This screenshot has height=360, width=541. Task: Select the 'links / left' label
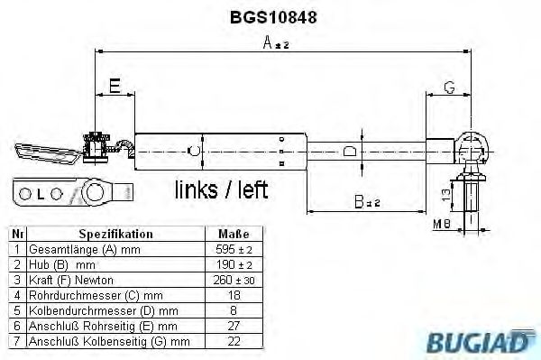click(222, 189)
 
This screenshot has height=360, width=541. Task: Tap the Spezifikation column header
click(115, 234)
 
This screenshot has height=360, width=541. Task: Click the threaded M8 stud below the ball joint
click(472, 198)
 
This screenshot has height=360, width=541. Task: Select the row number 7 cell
click(15, 341)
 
